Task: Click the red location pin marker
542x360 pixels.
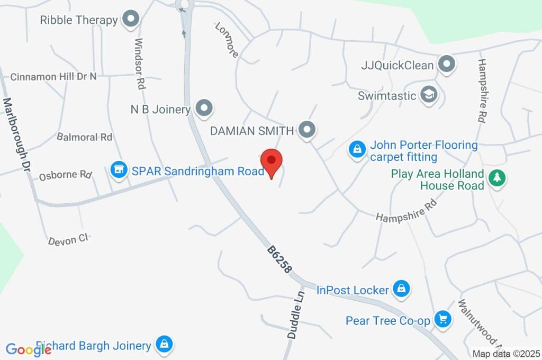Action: [272, 161]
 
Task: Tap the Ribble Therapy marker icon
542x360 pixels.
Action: [130, 20]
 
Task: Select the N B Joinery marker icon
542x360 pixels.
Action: [203, 109]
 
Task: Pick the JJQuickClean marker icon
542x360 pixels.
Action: [447, 65]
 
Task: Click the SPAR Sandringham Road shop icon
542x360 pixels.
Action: [119, 170]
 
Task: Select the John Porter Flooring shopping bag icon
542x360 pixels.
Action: [357, 149]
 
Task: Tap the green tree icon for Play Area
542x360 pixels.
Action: [496, 178]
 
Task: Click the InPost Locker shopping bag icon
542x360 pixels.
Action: [402, 289]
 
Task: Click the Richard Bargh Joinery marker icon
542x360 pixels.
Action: [164, 345]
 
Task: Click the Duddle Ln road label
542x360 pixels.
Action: [296, 314]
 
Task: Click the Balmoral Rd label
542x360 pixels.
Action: [85, 137]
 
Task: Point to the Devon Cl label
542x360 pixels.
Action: [68, 239]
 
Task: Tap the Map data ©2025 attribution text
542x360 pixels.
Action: [506, 354]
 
